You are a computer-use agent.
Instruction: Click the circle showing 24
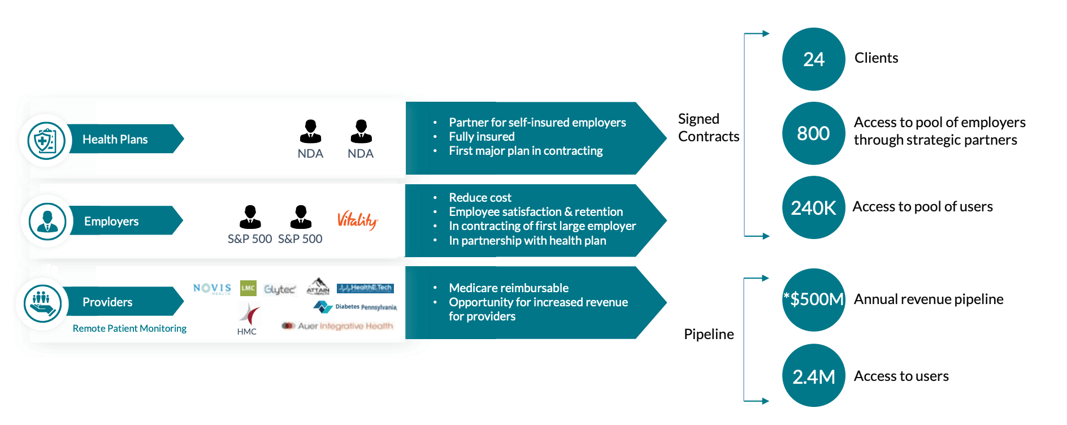(x=813, y=59)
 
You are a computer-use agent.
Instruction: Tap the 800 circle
(x=813, y=133)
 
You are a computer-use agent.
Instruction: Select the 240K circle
(x=813, y=207)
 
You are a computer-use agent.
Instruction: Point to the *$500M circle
(x=813, y=300)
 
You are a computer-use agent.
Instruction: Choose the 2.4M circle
(x=813, y=376)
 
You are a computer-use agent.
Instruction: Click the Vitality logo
(x=357, y=220)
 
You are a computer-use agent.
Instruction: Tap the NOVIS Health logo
(x=212, y=288)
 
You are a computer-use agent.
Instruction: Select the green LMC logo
(x=248, y=288)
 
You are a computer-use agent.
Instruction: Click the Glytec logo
(x=280, y=289)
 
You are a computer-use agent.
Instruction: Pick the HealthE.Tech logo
(x=365, y=288)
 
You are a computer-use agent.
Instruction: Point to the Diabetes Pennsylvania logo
(x=355, y=307)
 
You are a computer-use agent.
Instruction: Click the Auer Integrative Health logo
(x=337, y=326)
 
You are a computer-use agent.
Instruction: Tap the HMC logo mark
(x=249, y=314)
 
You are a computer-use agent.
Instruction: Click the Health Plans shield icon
(x=46, y=140)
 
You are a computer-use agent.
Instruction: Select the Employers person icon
(x=47, y=221)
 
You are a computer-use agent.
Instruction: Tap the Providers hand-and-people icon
(x=43, y=303)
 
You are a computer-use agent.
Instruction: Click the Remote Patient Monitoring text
(x=129, y=328)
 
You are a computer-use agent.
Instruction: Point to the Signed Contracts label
(x=708, y=128)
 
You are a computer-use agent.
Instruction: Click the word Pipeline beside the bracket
(x=709, y=334)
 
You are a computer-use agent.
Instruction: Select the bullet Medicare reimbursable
(x=508, y=288)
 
